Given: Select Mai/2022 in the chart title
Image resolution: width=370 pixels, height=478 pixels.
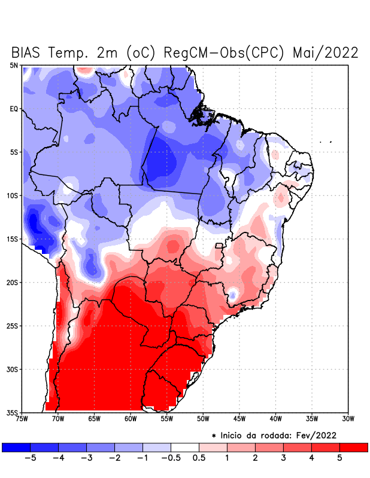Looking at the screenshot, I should pos(326,53).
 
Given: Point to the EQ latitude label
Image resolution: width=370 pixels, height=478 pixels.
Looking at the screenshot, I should pos(14,109).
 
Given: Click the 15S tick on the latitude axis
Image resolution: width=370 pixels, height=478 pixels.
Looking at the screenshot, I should pos(13,239).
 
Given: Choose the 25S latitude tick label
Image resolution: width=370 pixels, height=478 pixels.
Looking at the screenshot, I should pos(13,326).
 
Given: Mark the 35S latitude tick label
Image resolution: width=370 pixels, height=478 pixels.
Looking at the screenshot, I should pos(13,412).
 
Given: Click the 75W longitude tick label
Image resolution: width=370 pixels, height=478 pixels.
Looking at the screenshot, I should pos(22,419).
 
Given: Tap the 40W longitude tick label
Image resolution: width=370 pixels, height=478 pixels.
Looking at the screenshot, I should pos(275,419).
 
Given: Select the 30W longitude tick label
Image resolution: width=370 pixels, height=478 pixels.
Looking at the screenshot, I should pos(348,419).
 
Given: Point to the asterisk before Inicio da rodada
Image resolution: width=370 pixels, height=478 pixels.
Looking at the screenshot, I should pos(214,436).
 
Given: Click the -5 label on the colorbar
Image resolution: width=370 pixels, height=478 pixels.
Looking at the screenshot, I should pos(30,458).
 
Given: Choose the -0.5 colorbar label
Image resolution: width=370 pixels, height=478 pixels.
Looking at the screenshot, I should pos(171,458).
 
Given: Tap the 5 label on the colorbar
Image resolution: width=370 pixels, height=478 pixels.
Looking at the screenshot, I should pos(339,458).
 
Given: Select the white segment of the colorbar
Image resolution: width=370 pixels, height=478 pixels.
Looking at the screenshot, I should pos(185,447).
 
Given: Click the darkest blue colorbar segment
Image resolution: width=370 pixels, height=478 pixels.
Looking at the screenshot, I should pos(16,447).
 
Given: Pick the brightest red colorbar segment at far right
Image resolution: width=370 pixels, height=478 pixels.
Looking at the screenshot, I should pos(353,447).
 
